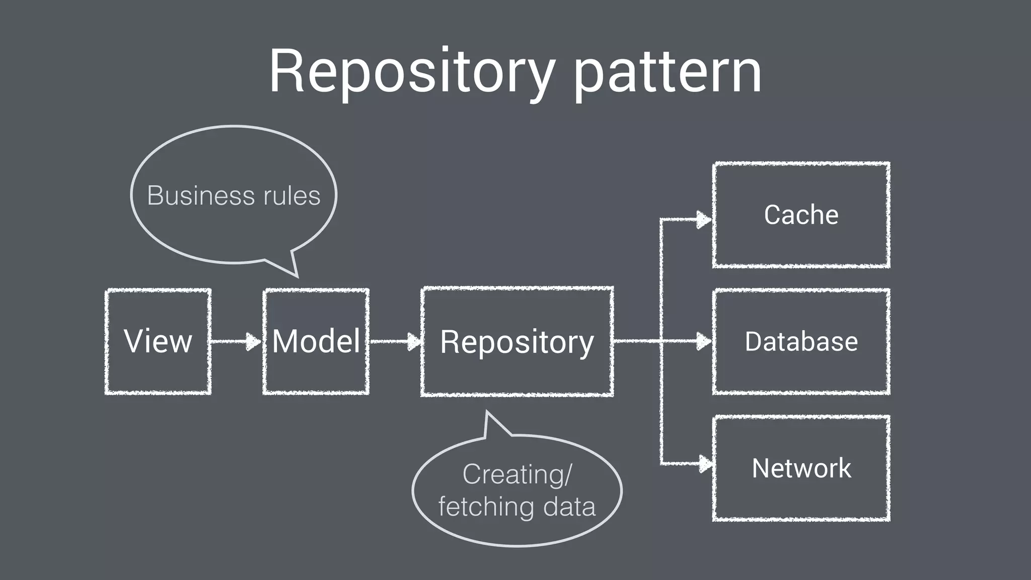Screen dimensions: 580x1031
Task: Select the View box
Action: (x=158, y=341)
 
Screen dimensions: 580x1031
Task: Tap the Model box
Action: (x=316, y=341)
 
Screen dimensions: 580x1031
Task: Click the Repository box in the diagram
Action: (x=517, y=342)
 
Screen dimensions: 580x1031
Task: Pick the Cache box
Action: (x=801, y=215)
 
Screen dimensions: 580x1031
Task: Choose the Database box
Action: (x=801, y=341)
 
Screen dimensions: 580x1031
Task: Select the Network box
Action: (x=801, y=468)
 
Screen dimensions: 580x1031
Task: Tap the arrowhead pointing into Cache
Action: (x=703, y=220)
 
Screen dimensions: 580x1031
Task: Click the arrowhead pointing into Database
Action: (x=703, y=341)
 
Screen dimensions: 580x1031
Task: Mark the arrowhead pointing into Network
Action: (x=705, y=463)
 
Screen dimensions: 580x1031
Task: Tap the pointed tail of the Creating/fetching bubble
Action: (x=491, y=424)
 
